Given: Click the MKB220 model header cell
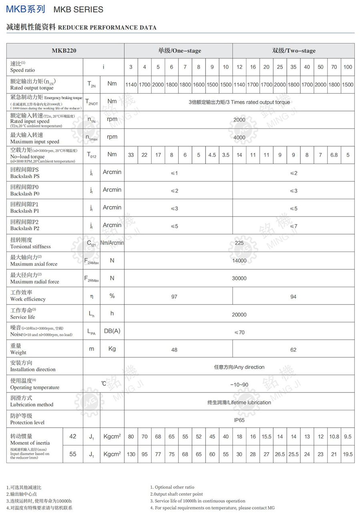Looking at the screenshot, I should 64,51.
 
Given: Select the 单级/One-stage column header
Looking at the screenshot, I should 179,51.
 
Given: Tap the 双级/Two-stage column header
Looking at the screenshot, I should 294,51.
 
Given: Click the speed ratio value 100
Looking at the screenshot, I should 348,67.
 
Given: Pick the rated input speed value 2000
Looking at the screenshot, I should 239,120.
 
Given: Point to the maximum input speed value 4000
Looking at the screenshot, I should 239,137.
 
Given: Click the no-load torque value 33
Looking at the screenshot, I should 131,155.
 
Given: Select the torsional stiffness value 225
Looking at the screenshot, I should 239,243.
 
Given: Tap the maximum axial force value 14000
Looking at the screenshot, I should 239,260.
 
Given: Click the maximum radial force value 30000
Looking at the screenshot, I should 239,278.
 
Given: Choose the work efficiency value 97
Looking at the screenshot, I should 174,297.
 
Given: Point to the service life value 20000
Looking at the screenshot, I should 239,315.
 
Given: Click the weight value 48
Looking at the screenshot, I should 174,349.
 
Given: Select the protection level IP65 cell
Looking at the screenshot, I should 239,420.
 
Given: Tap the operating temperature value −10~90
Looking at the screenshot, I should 239,385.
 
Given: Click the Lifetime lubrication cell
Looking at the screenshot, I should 239,402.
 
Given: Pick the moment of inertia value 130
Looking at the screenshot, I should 131,454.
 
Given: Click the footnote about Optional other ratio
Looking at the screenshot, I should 172,487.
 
